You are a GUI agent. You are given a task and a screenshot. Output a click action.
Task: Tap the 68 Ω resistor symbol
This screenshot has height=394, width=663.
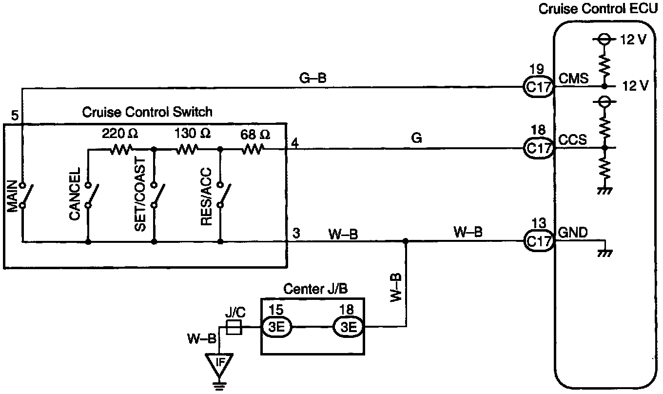[252, 150]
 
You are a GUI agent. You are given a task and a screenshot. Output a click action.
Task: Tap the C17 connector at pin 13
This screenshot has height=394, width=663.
[538, 241]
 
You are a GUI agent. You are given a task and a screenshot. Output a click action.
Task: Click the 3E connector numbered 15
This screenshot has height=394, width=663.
[276, 327]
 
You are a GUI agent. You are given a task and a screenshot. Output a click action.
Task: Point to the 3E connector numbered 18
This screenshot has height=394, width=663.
[348, 327]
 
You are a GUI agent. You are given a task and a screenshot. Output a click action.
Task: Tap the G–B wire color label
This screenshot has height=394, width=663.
[312, 78]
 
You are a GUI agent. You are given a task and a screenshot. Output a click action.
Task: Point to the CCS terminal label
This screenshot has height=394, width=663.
[572, 140]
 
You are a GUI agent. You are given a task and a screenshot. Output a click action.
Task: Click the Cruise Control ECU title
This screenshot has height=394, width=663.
[598, 9]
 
